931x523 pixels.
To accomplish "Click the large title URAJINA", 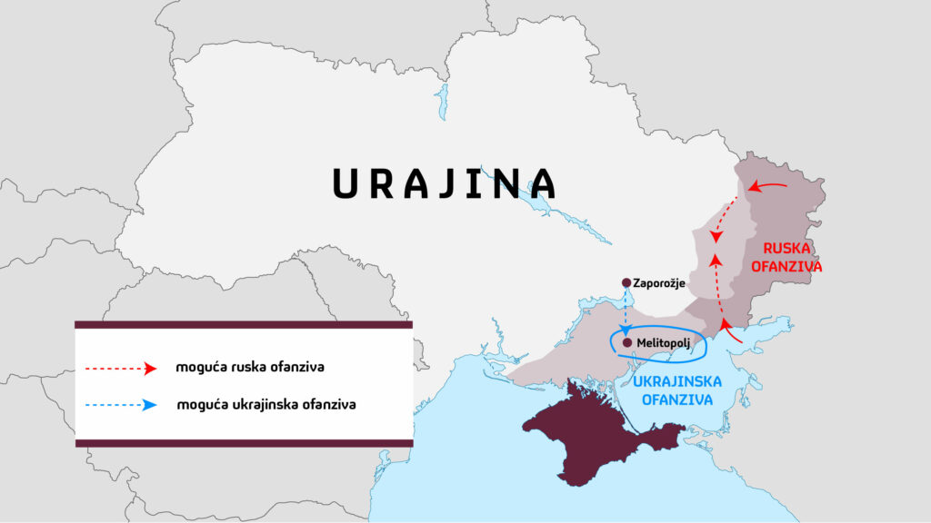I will [x=444, y=183].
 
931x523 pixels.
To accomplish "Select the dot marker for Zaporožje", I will [x=626, y=282].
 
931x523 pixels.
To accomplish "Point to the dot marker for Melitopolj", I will [x=627, y=343].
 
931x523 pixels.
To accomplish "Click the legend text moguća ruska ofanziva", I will [x=250, y=369].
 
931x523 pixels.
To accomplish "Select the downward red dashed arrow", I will [x=723, y=218].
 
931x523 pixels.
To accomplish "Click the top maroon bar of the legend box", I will [x=244, y=324].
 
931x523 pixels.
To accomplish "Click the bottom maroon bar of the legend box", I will [x=244, y=442].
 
